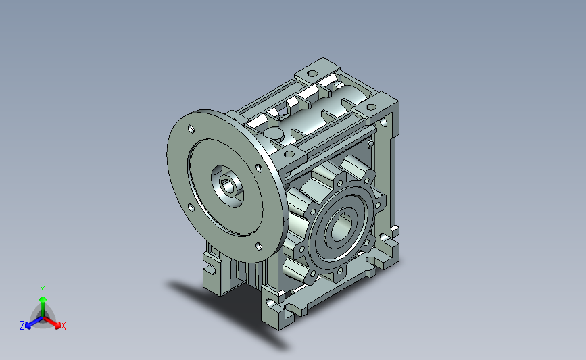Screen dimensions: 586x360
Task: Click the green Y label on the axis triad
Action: (x=43, y=290)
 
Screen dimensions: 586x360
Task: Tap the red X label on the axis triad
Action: (x=63, y=326)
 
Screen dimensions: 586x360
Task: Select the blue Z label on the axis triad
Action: (x=22, y=326)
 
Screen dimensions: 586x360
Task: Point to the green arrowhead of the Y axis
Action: (x=43, y=299)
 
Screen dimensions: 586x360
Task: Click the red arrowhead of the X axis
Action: (x=57, y=326)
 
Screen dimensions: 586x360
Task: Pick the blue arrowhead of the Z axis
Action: (x=28, y=326)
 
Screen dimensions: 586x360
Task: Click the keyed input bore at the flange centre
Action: (x=228, y=186)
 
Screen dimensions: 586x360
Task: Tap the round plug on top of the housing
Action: (x=274, y=132)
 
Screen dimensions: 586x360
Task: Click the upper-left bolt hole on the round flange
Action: (x=191, y=129)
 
